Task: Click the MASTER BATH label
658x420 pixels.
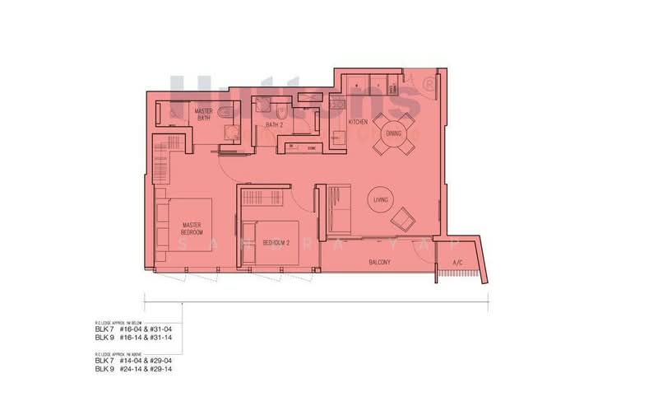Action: click(203, 114)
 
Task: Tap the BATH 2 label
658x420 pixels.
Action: click(274, 125)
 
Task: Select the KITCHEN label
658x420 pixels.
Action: click(358, 122)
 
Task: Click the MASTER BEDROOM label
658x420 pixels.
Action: click(192, 228)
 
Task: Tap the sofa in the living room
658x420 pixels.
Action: click(337, 208)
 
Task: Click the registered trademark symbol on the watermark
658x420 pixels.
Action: click(427, 84)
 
